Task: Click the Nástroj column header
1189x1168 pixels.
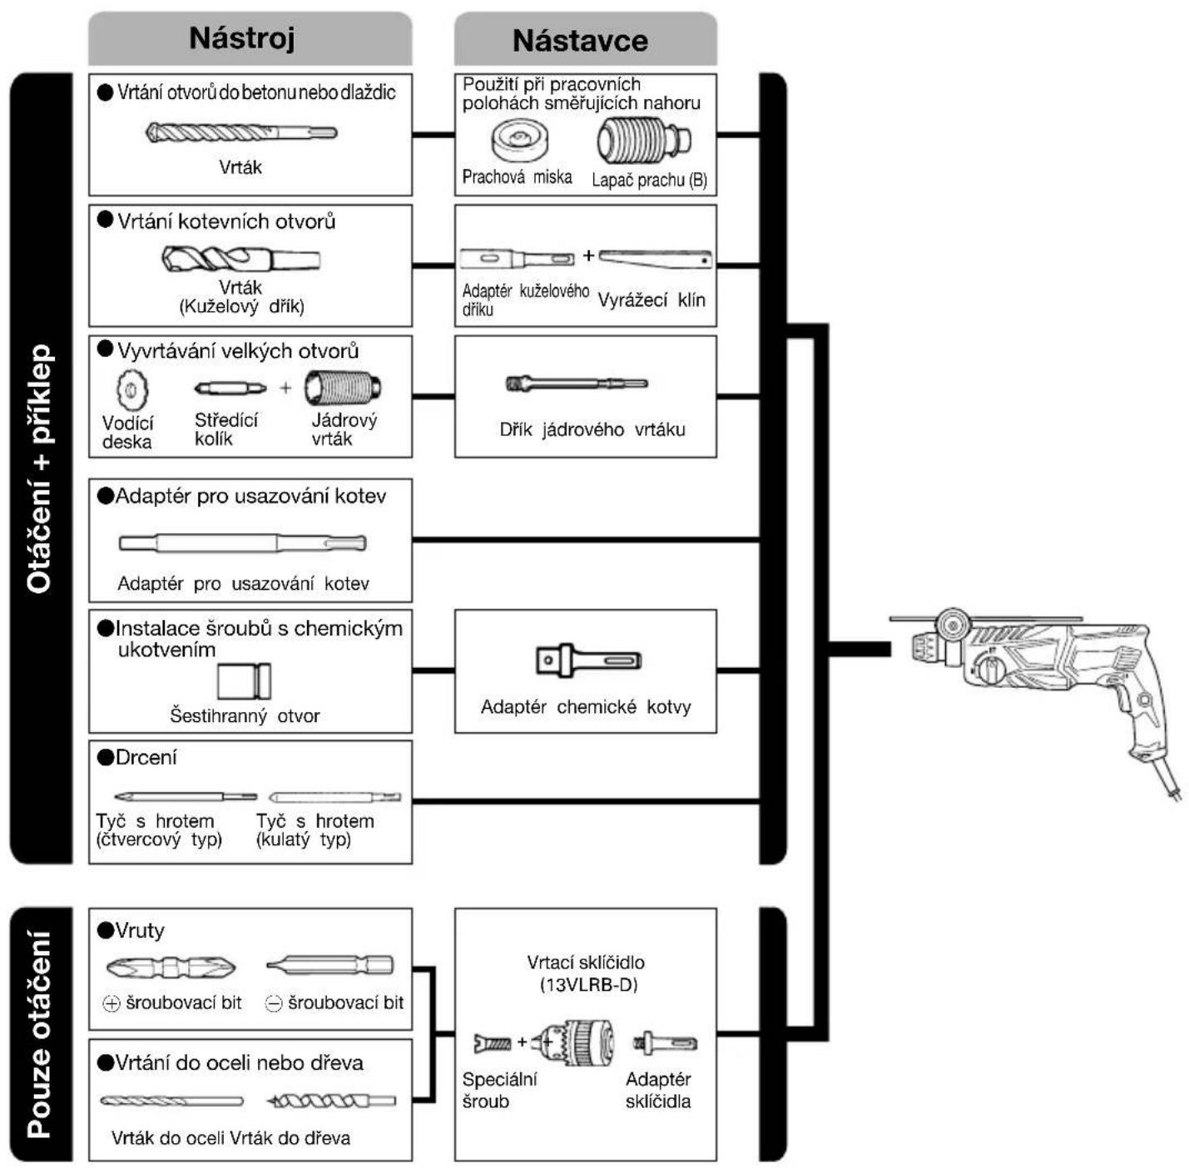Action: coord(242,38)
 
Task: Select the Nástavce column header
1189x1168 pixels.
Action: coord(580,41)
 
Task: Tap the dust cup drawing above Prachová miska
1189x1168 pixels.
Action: coord(519,140)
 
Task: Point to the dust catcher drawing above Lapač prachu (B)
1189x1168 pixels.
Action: coord(643,141)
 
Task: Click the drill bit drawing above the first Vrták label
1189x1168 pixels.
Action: coord(241,132)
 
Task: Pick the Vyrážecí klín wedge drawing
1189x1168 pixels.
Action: coord(656,260)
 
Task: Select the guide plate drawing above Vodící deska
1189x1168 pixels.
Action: coord(131,390)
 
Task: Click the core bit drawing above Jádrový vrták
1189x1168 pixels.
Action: coord(343,389)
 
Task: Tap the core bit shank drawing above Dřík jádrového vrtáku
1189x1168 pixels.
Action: coord(577,384)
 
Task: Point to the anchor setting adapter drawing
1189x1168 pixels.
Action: coord(242,543)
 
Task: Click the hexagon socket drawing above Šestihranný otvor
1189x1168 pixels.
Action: coord(245,681)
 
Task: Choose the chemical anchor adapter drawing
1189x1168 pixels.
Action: coord(588,661)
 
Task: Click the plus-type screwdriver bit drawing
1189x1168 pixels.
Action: coord(171,968)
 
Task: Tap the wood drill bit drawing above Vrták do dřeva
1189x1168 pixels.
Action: coord(331,1101)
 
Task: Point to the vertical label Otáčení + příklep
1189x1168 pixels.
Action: coord(39,469)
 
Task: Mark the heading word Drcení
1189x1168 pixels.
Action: coord(146,757)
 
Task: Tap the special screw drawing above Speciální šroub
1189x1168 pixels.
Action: coord(493,1042)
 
